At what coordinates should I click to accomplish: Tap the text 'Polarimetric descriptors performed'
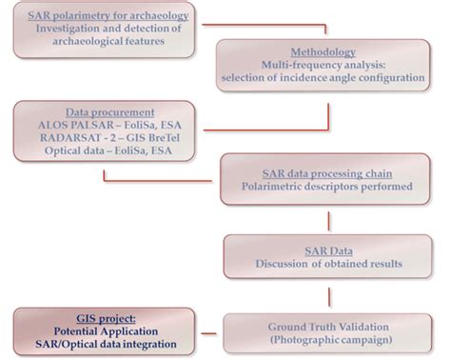coord(329,186)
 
